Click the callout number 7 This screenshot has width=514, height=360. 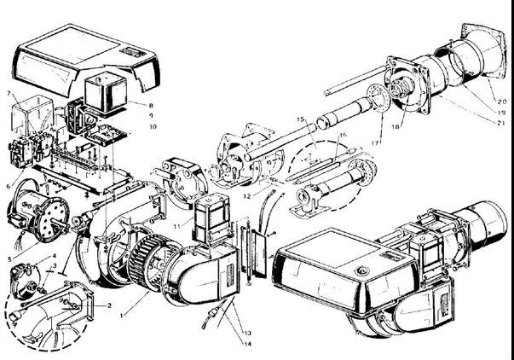click(x=8, y=92)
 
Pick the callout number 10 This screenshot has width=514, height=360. click(x=153, y=126)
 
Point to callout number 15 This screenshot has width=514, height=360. click(x=300, y=118)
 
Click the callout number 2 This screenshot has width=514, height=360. click(x=108, y=304)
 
